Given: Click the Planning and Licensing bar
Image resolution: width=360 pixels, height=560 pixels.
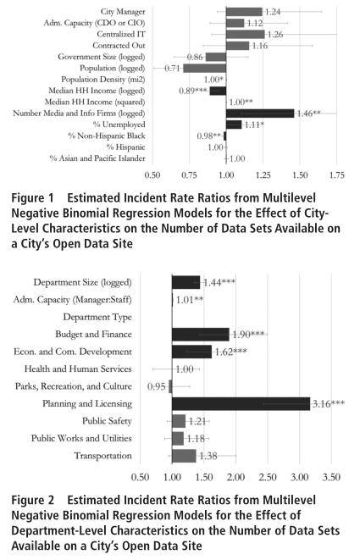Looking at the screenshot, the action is click(241, 403).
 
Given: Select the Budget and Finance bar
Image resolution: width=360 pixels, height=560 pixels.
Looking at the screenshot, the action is click(201, 335).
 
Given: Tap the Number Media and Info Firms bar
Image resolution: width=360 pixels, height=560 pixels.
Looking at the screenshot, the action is click(260, 114).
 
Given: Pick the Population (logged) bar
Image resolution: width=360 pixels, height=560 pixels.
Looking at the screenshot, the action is click(205, 68).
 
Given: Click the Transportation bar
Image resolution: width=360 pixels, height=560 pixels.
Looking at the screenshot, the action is click(184, 456).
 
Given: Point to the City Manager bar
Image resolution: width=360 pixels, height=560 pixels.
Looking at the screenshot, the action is click(244, 11).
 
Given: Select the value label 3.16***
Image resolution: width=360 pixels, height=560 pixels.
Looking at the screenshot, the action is click(329, 404).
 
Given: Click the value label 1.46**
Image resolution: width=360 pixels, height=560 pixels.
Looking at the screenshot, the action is click(309, 114).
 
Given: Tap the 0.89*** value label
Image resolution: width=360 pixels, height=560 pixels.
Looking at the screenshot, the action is click(193, 91).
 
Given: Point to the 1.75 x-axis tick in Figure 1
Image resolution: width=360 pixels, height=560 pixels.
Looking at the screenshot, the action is click(337, 175).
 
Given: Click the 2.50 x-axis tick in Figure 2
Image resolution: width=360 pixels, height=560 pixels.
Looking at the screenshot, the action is click(268, 477).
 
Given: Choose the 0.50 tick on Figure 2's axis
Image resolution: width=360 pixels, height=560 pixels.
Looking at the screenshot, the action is click(140, 477).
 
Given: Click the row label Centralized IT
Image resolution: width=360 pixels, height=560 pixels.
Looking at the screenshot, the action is click(121, 34).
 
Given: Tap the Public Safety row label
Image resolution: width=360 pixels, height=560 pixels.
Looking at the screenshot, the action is click(107, 421).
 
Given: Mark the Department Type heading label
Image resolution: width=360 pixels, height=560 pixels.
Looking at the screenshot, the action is click(97, 317).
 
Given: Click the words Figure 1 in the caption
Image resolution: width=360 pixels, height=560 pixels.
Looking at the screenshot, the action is click(32, 198).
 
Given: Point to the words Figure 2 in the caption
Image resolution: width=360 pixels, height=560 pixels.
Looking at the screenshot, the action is click(33, 500).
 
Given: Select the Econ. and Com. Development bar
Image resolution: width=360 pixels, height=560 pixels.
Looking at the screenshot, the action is click(191, 352).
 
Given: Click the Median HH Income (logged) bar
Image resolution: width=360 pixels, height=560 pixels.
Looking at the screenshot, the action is click(218, 91).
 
